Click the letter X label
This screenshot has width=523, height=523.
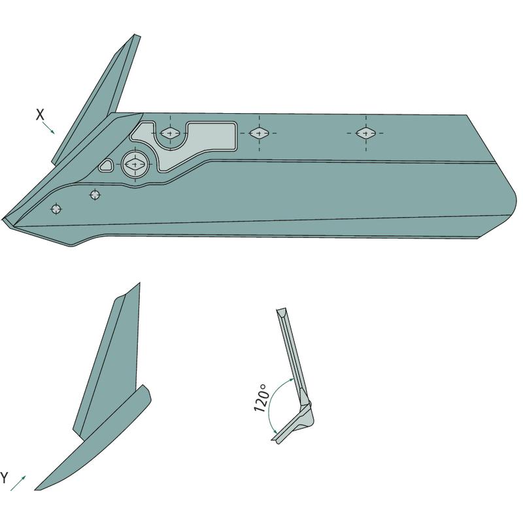click(40, 115)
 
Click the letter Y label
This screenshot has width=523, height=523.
click(4, 478)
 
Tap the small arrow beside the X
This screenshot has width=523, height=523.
click(48, 127)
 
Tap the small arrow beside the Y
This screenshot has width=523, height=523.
click(18, 483)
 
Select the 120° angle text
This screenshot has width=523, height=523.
click(261, 397)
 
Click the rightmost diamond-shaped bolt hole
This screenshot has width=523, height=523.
click(365, 133)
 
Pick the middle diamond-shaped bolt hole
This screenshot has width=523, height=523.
click(259, 133)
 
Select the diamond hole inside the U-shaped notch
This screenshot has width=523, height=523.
click(170, 133)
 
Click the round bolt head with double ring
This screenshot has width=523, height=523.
click(135, 164)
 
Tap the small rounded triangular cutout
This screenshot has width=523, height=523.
click(106, 166)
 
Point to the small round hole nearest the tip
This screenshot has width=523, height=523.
click(56, 209)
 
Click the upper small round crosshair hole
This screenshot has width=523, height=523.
click(95, 194)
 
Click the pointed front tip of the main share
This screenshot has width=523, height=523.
click(3, 220)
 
